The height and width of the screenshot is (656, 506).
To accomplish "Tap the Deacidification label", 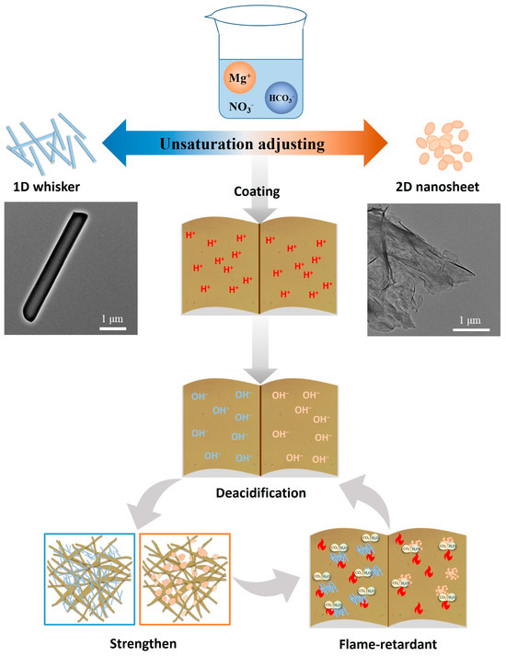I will tap(253, 492).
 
